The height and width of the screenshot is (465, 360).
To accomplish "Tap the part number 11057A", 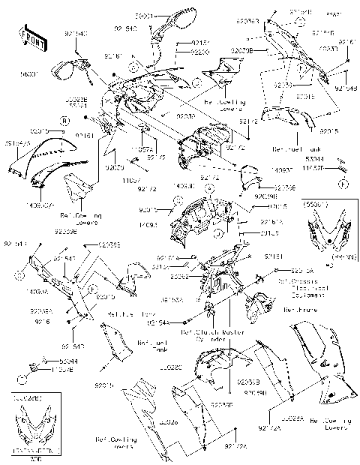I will click(x=142, y=150).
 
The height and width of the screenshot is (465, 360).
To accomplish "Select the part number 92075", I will click(x=156, y=157).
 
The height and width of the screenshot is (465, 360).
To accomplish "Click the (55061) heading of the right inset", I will click(x=313, y=203).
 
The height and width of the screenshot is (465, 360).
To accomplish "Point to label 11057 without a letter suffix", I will click(x=132, y=181).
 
